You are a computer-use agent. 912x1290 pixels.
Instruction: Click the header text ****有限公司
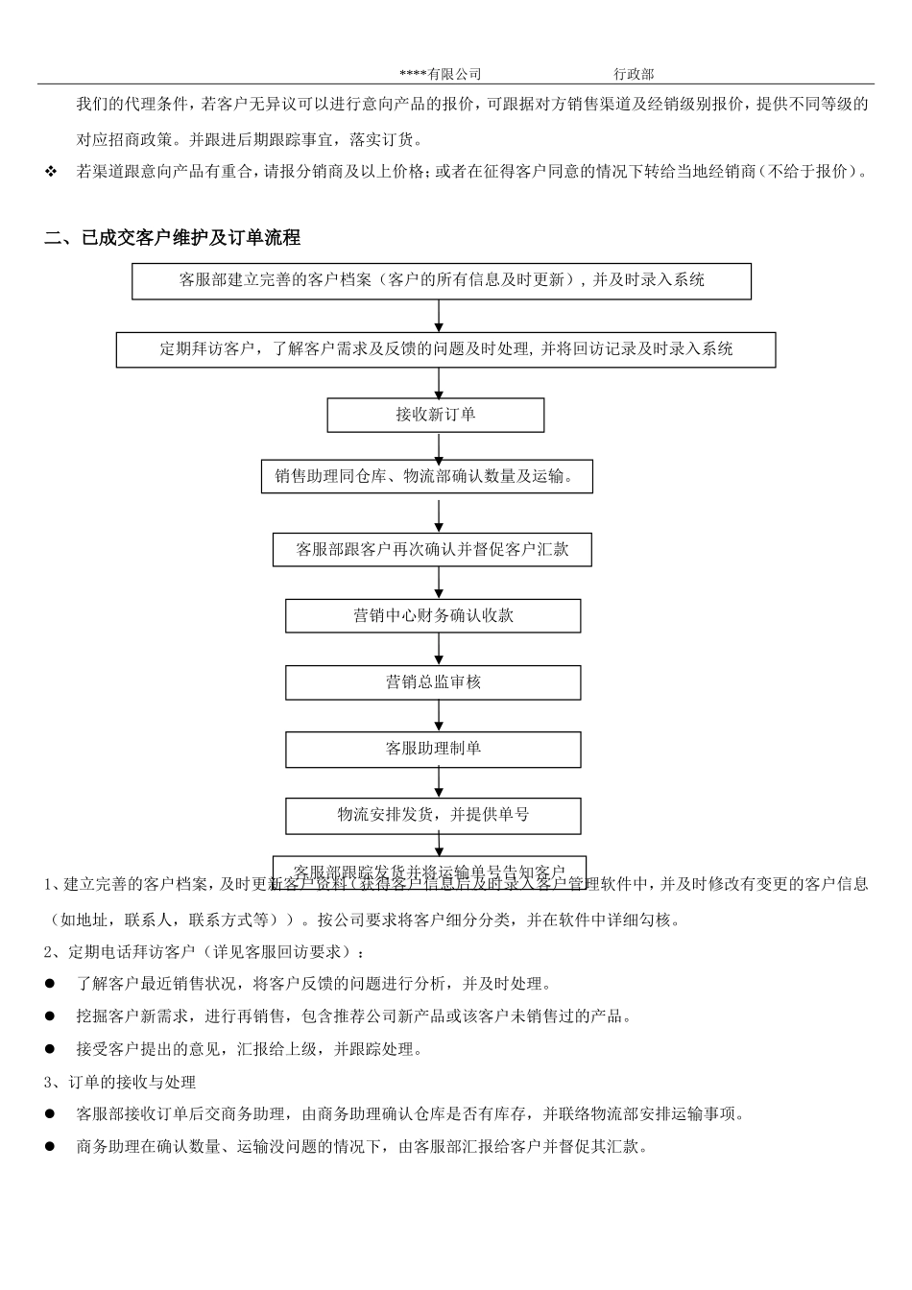tap(441, 74)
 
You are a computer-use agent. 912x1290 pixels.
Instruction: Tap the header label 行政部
tap(634, 74)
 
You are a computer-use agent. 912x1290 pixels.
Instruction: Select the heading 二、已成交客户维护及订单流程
tap(173, 237)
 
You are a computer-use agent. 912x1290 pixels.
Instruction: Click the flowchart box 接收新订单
tap(436, 415)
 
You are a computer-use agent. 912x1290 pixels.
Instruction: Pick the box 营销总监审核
tap(433, 682)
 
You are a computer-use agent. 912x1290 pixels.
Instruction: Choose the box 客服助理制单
tap(433, 749)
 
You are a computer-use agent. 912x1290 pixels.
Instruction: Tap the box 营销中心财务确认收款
tap(433, 616)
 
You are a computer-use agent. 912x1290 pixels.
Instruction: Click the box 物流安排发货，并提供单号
tap(433, 815)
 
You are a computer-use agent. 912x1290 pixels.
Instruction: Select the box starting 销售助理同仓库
tap(426, 476)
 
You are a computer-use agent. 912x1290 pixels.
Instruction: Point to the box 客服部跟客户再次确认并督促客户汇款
tap(432, 550)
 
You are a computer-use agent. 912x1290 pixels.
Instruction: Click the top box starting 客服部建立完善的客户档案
tap(442, 280)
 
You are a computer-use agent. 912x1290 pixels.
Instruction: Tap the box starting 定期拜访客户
tap(445, 349)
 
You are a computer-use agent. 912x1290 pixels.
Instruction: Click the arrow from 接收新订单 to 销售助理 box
tap(439, 446)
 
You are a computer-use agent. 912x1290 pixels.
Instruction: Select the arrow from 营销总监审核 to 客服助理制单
tap(440, 716)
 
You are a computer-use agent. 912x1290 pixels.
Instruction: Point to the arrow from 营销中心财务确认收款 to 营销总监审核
tap(440, 649)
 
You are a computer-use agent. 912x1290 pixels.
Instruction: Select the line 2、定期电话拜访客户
tap(204, 952)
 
